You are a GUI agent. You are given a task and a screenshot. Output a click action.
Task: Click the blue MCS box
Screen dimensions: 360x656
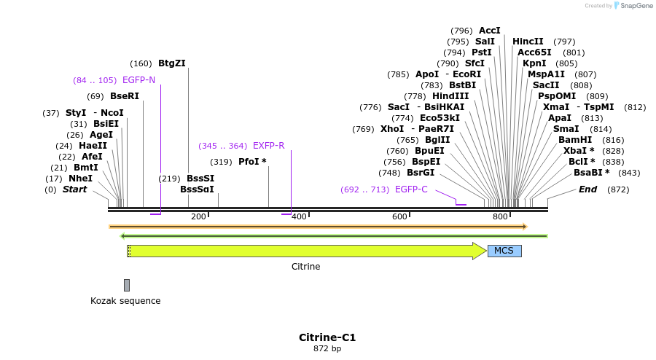coord(504,251)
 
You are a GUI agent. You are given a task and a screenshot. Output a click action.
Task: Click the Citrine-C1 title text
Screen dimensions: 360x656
coord(327,337)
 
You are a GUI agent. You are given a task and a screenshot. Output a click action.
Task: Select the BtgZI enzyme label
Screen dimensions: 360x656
coord(172,63)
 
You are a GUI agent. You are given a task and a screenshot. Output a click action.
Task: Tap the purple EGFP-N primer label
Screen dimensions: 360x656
coord(138,80)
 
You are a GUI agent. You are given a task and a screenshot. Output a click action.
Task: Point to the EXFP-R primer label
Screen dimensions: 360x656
coord(268,146)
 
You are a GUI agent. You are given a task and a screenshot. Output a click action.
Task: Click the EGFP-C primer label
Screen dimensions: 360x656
coord(411,189)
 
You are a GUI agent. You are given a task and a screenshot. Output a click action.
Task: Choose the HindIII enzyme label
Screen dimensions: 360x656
coord(450,96)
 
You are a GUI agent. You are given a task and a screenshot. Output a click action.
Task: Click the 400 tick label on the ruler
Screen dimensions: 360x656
coord(299,217)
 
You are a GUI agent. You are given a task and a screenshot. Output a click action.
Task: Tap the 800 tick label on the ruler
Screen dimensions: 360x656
coord(500,217)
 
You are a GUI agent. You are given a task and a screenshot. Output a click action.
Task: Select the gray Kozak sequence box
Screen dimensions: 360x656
coord(127,285)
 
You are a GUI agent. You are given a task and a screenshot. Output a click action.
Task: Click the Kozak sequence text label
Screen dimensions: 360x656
coord(125,301)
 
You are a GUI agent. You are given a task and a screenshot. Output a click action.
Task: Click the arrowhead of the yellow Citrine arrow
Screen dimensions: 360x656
coord(479,251)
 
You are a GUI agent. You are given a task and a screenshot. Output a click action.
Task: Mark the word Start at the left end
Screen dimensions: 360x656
coord(74,189)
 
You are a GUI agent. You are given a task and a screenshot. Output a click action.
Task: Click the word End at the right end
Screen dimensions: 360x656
coord(587,189)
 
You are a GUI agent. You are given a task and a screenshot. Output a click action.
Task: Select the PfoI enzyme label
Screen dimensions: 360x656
coord(252,162)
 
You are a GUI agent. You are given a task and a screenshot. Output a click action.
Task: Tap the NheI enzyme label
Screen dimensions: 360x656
coord(80,179)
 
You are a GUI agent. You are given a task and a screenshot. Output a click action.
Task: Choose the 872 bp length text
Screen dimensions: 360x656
coord(327,349)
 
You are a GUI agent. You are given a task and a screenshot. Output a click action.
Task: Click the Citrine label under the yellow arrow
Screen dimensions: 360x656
coord(305,267)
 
